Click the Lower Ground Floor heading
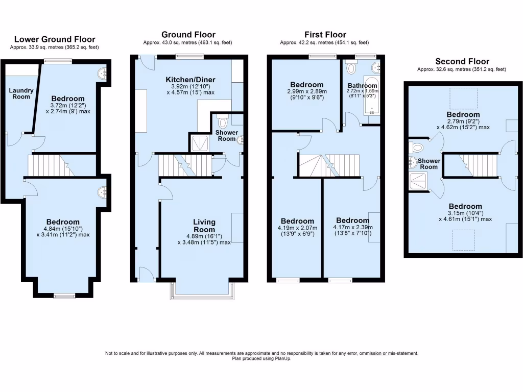[54, 39]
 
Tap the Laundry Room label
[21, 93]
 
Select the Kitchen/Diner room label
[191, 80]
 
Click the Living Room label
[204, 226]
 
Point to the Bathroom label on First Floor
[363, 85]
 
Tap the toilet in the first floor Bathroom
[350, 67]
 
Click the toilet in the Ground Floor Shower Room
[222, 122]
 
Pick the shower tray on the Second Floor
[418, 181]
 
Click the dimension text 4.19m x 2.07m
[297, 228]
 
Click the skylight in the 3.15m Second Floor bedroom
[463, 237]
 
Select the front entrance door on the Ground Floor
[146, 276]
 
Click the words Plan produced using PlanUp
[261, 358]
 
